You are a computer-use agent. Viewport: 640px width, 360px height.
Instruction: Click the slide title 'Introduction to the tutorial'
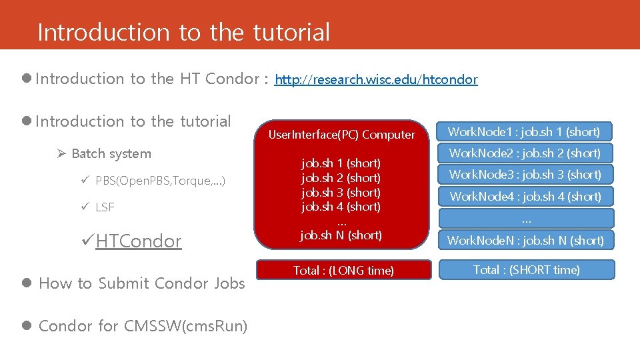183,32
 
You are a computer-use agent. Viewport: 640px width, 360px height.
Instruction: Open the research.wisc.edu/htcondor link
376,80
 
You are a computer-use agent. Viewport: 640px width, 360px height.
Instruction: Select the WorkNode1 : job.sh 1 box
524,132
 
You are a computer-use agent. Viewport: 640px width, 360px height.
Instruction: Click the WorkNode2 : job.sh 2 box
524,153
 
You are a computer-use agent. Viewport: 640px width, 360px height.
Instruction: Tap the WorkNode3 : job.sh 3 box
524,175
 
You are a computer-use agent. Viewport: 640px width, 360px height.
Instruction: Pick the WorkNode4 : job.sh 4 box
524,197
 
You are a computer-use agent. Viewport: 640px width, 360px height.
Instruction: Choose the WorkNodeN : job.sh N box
524,240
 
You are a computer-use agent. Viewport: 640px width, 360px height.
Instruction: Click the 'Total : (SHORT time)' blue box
526,270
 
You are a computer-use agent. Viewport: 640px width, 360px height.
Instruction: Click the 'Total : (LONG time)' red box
343,270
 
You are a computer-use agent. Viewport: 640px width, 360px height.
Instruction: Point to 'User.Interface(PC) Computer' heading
341,135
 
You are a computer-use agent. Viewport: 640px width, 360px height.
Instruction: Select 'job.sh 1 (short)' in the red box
341,163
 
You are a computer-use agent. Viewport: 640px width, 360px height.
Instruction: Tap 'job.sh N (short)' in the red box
341,235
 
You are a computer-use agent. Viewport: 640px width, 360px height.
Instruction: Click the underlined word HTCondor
138,241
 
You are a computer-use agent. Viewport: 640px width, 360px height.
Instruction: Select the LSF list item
105,207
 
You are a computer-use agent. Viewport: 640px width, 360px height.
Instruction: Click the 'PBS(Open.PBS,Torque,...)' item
160,181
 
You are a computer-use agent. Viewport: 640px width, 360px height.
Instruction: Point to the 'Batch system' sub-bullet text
111,154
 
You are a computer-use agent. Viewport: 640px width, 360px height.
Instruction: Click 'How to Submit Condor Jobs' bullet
141,283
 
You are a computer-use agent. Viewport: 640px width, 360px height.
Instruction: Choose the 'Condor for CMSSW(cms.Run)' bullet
143,326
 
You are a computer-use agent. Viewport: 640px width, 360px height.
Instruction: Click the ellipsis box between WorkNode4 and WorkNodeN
525,218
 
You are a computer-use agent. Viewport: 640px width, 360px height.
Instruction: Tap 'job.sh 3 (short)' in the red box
341,193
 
